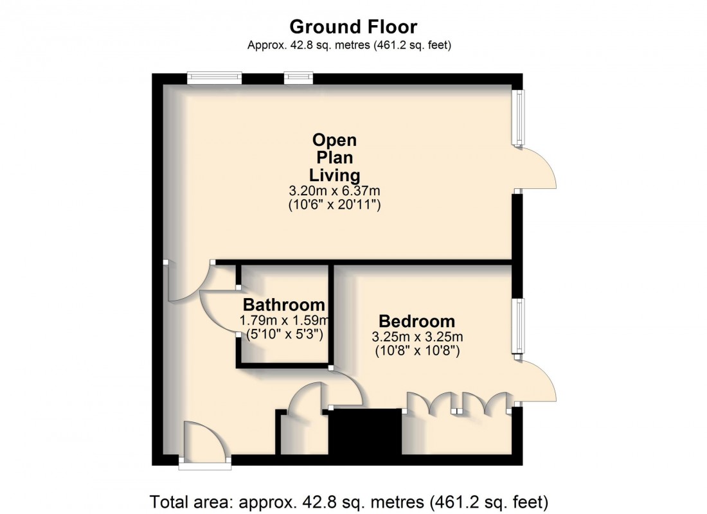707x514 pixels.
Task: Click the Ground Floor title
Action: point(353,27)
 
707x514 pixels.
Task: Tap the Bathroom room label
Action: point(283,305)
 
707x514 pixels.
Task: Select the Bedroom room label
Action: point(416,321)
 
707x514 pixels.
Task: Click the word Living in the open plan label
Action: point(334,175)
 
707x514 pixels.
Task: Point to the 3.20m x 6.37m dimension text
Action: point(334,191)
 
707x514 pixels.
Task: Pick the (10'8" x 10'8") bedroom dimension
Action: point(416,351)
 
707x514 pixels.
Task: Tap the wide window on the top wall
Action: point(215,78)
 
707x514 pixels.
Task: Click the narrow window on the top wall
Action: point(298,78)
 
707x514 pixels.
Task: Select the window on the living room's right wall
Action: point(517,117)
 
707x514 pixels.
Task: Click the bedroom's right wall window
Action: point(517,325)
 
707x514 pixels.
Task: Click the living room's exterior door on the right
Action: point(537,169)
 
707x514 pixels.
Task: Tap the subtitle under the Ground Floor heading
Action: point(353,45)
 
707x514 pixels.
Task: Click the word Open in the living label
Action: point(334,140)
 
